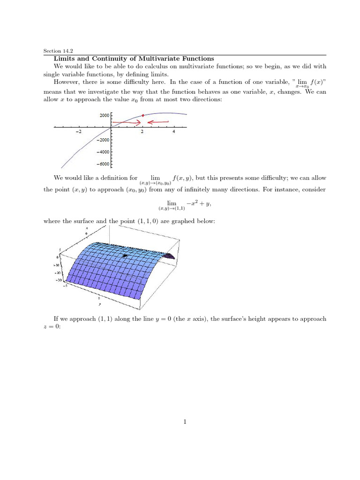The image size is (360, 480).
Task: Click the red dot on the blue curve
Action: point(142,115)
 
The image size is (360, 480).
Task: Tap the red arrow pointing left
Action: point(159,122)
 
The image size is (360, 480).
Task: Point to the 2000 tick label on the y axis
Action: point(104,115)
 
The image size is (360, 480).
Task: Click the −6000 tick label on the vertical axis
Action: point(103,164)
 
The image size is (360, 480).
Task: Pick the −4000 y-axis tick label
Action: point(103,152)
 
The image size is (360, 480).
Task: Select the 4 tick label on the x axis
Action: point(174,132)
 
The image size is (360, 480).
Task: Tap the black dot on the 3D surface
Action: point(125,255)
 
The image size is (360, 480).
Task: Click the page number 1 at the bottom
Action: point(185,422)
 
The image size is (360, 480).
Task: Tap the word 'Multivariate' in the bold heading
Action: point(157,59)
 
